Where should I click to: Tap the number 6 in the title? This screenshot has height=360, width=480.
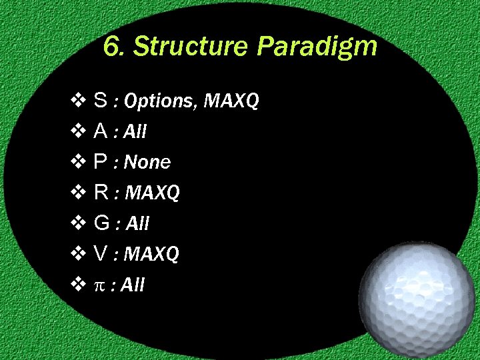tap(113, 47)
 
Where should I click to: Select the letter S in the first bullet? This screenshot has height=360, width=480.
tap(101, 101)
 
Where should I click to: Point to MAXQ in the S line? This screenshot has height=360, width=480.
tap(231, 101)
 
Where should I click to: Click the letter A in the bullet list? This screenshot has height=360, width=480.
tap(101, 131)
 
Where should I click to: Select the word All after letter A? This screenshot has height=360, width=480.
tap(135, 132)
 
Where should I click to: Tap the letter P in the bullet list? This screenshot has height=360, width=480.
tap(101, 162)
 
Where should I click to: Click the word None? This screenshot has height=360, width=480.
tap(147, 163)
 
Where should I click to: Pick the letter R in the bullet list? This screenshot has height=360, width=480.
tap(101, 193)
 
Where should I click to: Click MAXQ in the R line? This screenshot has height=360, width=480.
tap(153, 193)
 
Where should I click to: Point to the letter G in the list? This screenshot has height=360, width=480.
tap(102, 223)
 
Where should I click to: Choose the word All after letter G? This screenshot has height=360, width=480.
tap(136, 224)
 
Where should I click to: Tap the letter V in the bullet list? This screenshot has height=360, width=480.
tap(101, 254)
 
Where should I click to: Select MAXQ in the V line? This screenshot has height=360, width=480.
tap(152, 255)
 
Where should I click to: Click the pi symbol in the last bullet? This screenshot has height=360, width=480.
tap(100, 285)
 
